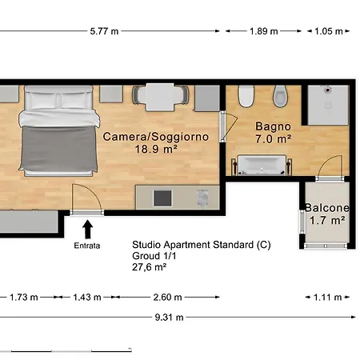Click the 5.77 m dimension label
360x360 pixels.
pyautogui.click(x=104, y=31)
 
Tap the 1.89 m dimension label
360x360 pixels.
pyautogui.click(x=264, y=31)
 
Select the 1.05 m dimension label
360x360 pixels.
pyautogui.click(x=329, y=31)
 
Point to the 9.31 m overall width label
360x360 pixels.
pyautogui.click(x=169, y=318)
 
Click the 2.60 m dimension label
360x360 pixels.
pyautogui.click(x=167, y=297)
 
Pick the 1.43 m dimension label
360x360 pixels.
pyautogui.click(x=87, y=297)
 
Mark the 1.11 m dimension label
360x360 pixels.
pyautogui.click(x=327, y=297)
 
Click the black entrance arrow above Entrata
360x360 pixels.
pyautogui.click(x=87, y=229)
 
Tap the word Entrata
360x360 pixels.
pyautogui.click(x=87, y=246)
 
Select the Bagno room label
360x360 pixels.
pyautogui.click(x=273, y=127)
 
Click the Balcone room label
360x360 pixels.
pyautogui.click(x=327, y=208)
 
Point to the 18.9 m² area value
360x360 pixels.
pyautogui.click(x=156, y=149)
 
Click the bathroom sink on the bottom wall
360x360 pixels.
pyautogui.click(x=262, y=165)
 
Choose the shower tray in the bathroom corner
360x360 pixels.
pyautogui.click(x=328, y=105)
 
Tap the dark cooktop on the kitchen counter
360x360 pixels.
pyautogui.click(x=162, y=198)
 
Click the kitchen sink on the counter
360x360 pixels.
pyautogui.click(x=202, y=198)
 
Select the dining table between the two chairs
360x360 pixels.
pyautogui.click(x=160, y=97)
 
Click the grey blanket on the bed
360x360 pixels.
pyautogui.click(x=58, y=149)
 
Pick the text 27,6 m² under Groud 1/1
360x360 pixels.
pyautogui.click(x=150, y=267)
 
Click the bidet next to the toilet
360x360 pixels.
pyautogui.click(x=280, y=96)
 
